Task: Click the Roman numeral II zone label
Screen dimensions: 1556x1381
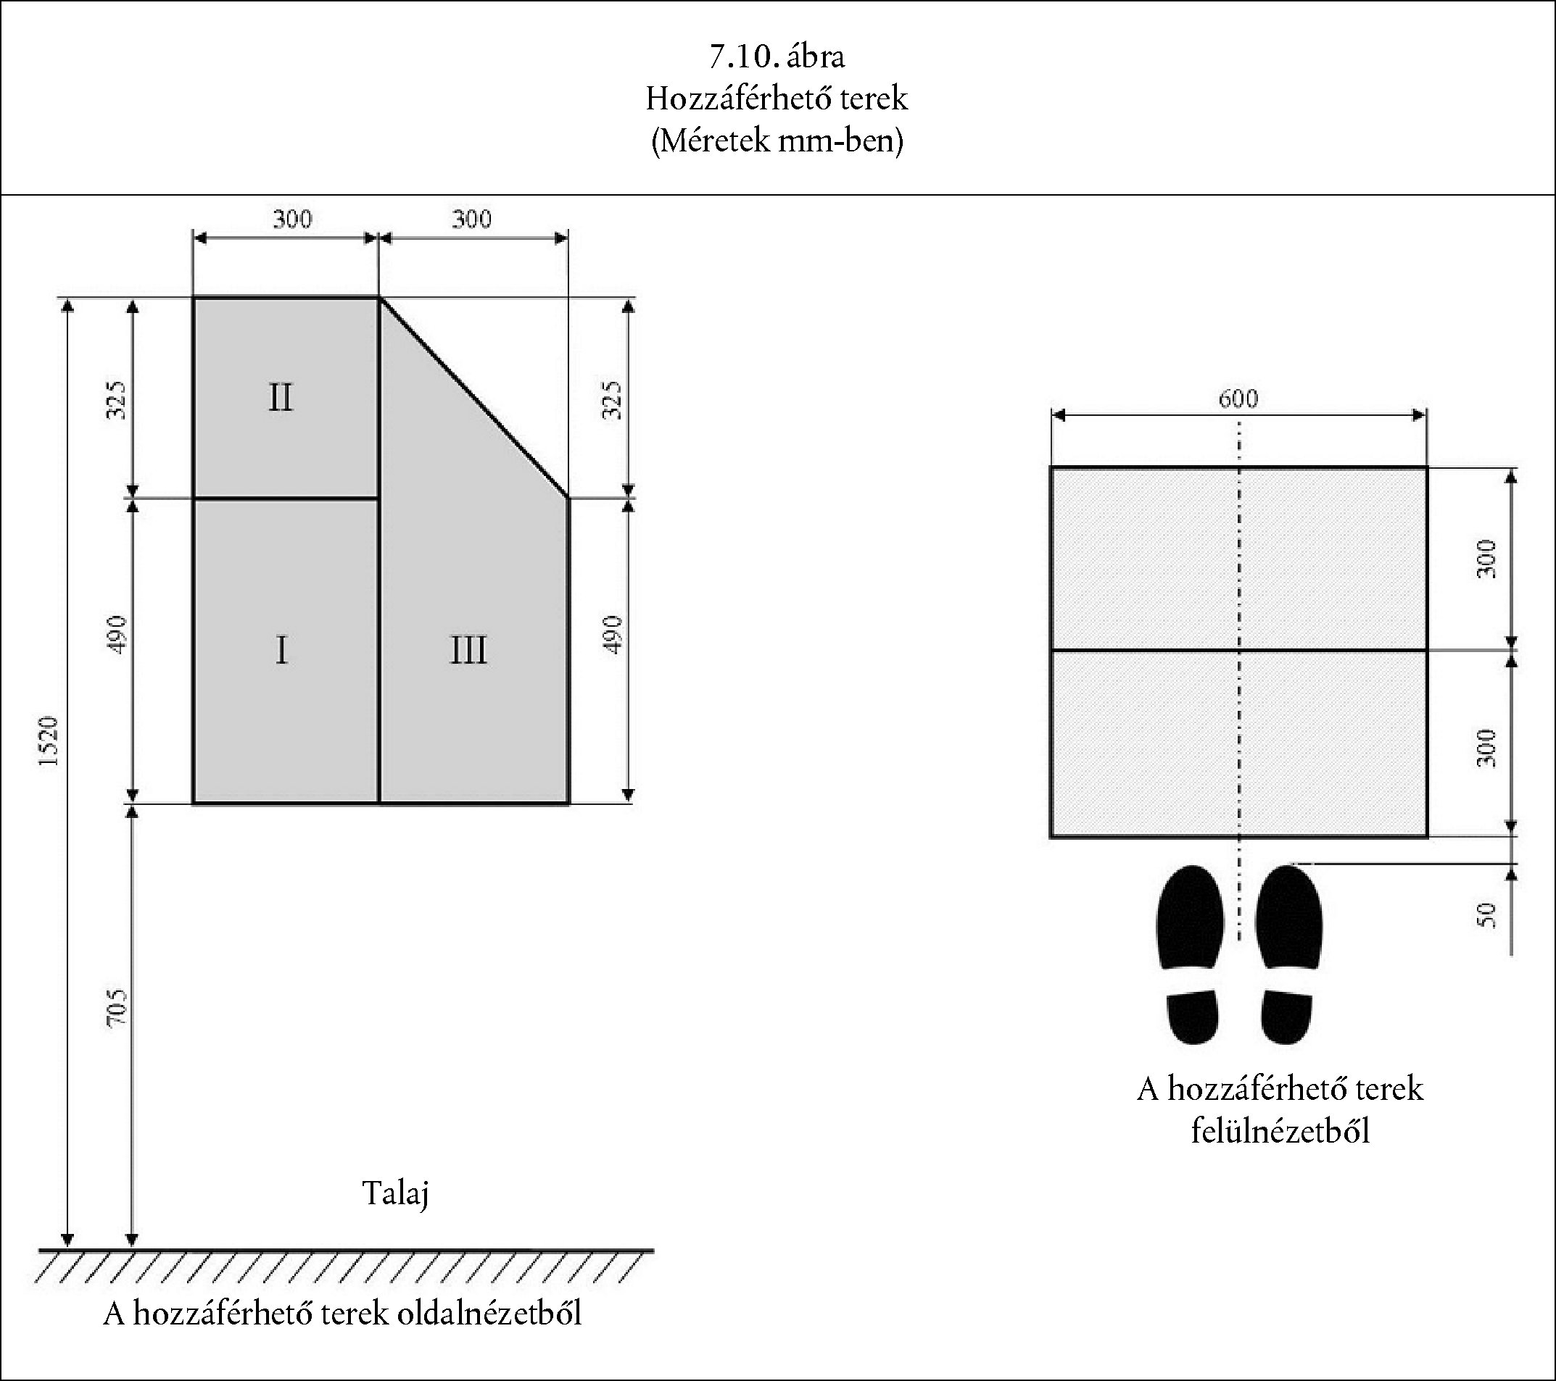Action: [280, 397]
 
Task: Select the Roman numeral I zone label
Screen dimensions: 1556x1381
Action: [281, 651]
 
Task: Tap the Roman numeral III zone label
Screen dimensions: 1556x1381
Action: [468, 651]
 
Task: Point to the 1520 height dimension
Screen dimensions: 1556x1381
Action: [49, 741]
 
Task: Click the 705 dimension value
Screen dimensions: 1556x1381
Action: [117, 1008]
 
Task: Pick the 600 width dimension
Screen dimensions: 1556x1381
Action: [1238, 399]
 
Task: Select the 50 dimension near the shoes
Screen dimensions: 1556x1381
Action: [1486, 914]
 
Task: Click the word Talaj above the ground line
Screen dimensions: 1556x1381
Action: [395, 1193]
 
